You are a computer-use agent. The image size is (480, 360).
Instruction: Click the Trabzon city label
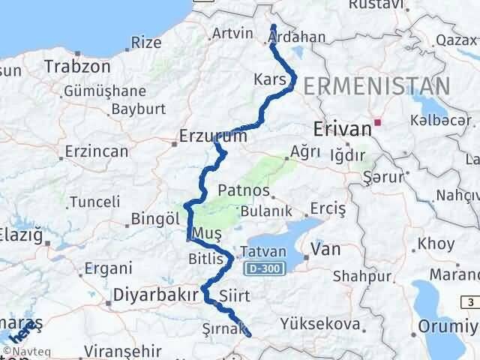76,66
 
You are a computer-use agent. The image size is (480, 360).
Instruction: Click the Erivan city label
343,128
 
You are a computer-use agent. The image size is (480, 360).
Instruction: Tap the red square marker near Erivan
378,121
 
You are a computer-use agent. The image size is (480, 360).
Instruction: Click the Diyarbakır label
156,293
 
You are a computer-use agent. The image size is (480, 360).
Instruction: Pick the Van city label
325,248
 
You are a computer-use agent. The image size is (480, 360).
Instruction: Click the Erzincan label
97,151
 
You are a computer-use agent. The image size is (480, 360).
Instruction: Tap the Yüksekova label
313,323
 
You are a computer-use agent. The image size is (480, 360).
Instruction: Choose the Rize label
146,43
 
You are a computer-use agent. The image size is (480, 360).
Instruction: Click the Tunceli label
95,201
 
